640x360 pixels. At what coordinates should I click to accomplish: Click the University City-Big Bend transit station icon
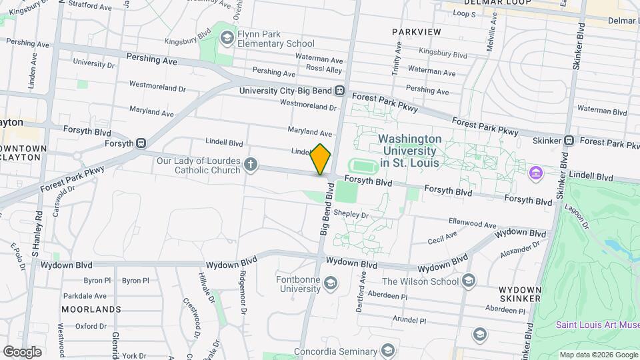(340, 91)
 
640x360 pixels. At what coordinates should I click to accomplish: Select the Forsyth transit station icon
(141, 143)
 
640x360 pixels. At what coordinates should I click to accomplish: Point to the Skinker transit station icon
(569, 141)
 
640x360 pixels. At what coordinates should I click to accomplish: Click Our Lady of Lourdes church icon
(250, 165)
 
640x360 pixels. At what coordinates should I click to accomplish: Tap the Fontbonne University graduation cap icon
(330, 285)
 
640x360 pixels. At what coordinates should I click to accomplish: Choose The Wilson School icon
(469, 281)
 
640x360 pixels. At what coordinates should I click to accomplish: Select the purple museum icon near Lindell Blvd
(534, 173)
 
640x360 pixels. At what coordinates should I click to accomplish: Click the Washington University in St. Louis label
(410, 145)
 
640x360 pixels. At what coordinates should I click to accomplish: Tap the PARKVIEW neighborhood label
(416, 32)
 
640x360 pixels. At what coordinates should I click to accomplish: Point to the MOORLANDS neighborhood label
(91, 309)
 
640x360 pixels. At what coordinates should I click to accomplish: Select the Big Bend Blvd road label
(327, 213)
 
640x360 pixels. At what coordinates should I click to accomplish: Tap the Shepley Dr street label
(351, 214)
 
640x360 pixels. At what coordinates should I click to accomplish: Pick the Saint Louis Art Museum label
(597, 325)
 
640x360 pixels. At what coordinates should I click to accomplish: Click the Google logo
(22, 351)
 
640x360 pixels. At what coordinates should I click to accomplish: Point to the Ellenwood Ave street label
(473, 224)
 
